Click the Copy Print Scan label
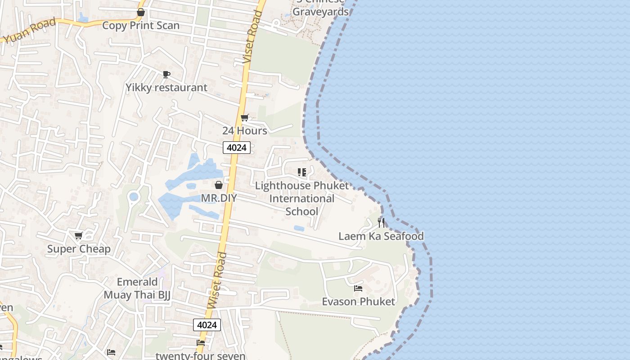(x=140, y=25)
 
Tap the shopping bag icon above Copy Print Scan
(x=141, y=12)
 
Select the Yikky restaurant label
(x=166, y=87)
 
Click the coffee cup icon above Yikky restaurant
(x=166, y=74)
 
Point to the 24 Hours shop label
(x=244, y=130)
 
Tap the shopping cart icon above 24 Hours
(x=245, y=118)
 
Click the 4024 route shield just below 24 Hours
(x=236, y=148)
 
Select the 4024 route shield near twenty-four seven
(x=207, y=325)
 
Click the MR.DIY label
(x=219, y=198)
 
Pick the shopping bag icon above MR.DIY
(x=219, y=185)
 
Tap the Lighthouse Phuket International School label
(x=301, y=198)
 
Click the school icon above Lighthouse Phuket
(x=302, y=172)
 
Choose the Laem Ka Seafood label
(x=381, y=236)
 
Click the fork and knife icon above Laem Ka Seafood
(x=381, y=223)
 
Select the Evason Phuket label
(x=358, y=301)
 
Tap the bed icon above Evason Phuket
(x=358, y=288)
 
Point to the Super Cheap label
(x=79, y=249)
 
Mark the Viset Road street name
(x=252, y=37)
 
